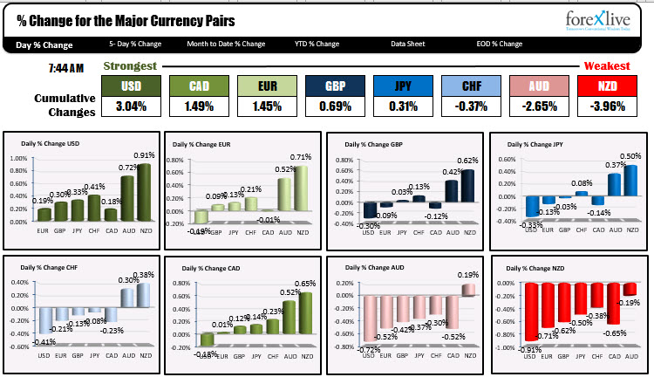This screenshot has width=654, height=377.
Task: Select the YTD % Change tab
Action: (316, 44)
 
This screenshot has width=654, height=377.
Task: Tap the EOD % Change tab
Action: (499, 44)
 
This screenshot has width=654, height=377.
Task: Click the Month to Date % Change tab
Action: (226, 44)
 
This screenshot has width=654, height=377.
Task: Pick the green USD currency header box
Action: (131, 86)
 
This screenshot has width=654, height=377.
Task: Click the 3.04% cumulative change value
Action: (131, 106)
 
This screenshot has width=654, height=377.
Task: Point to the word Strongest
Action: (130, 66)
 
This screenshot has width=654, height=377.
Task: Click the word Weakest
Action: (607, 66)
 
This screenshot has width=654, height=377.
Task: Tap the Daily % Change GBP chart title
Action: (372, 143)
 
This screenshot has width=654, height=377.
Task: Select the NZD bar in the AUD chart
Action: (468, 290)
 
